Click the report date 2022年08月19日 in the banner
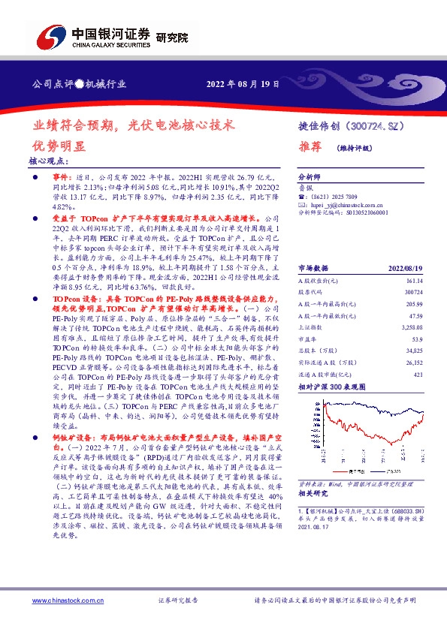coord(243,84)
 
